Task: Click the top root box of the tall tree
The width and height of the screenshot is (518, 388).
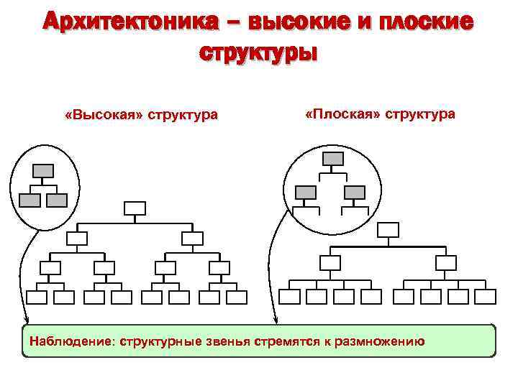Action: coord(135,208)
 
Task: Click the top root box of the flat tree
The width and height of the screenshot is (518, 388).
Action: coord(388,230)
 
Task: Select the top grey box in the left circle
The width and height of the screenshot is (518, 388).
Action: coord(43,170)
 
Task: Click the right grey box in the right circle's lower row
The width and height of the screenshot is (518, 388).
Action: coord(355,192)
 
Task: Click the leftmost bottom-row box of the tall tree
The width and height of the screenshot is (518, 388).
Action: coord(37,297)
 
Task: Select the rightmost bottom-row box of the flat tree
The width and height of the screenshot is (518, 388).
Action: coord(486,297)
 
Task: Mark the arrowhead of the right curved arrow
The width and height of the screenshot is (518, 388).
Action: coord(275,320)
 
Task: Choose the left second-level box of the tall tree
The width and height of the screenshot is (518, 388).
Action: coord(77,238)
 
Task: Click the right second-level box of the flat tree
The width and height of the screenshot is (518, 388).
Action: coord(446,262)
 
